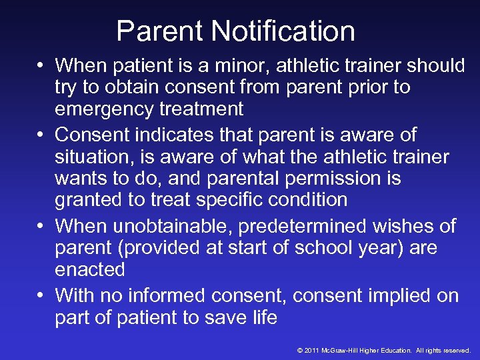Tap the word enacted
(90, 269)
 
